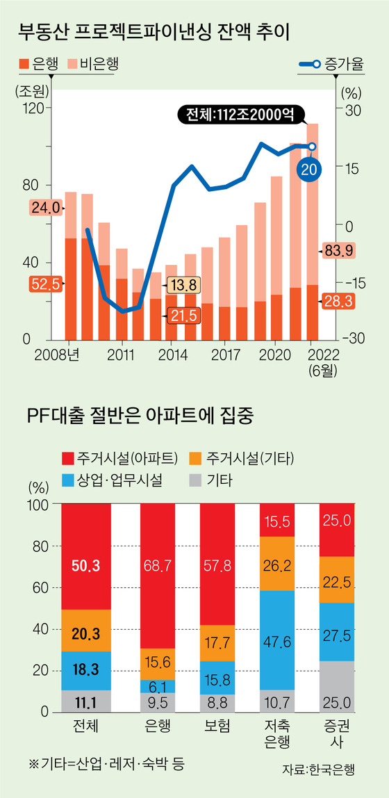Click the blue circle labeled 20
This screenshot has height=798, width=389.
310,169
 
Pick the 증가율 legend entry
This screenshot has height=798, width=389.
326,65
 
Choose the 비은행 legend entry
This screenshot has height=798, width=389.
94,65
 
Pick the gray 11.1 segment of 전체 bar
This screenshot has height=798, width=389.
86,701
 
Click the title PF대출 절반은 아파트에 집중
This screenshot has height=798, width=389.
141,418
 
